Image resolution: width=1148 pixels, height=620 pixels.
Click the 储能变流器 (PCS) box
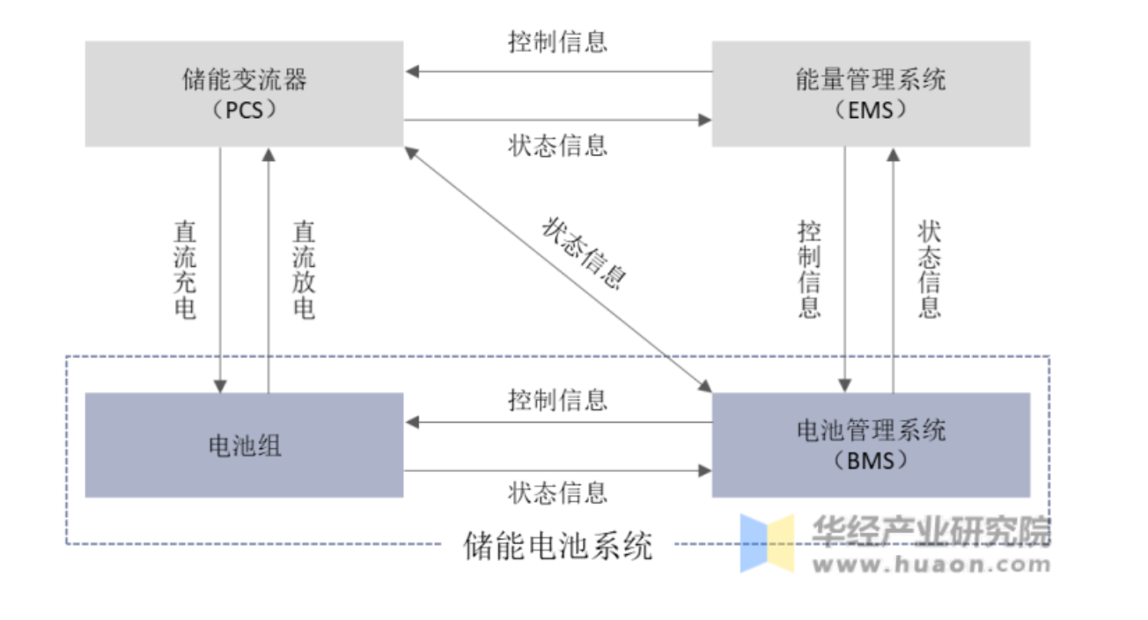[244, 93]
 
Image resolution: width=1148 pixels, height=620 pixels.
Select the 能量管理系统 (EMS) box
[870, 93]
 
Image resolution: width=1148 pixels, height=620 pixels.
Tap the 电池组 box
[244, 445]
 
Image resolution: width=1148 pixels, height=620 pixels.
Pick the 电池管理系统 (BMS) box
[870, 445]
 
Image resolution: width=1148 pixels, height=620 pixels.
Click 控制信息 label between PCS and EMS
[557, 42]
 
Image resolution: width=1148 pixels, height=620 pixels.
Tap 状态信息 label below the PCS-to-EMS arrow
[557, 144]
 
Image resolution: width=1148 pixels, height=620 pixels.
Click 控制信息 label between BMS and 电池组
[557, 400]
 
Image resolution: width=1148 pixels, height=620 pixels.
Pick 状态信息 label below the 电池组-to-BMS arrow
[557, 492]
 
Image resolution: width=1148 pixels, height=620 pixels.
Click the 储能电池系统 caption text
[558, 546]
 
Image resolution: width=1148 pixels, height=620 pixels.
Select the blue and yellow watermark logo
[767, 542]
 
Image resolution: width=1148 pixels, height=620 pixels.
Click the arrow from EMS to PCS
[557, 71]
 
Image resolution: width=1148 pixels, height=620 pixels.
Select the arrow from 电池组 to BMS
[557, 470]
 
